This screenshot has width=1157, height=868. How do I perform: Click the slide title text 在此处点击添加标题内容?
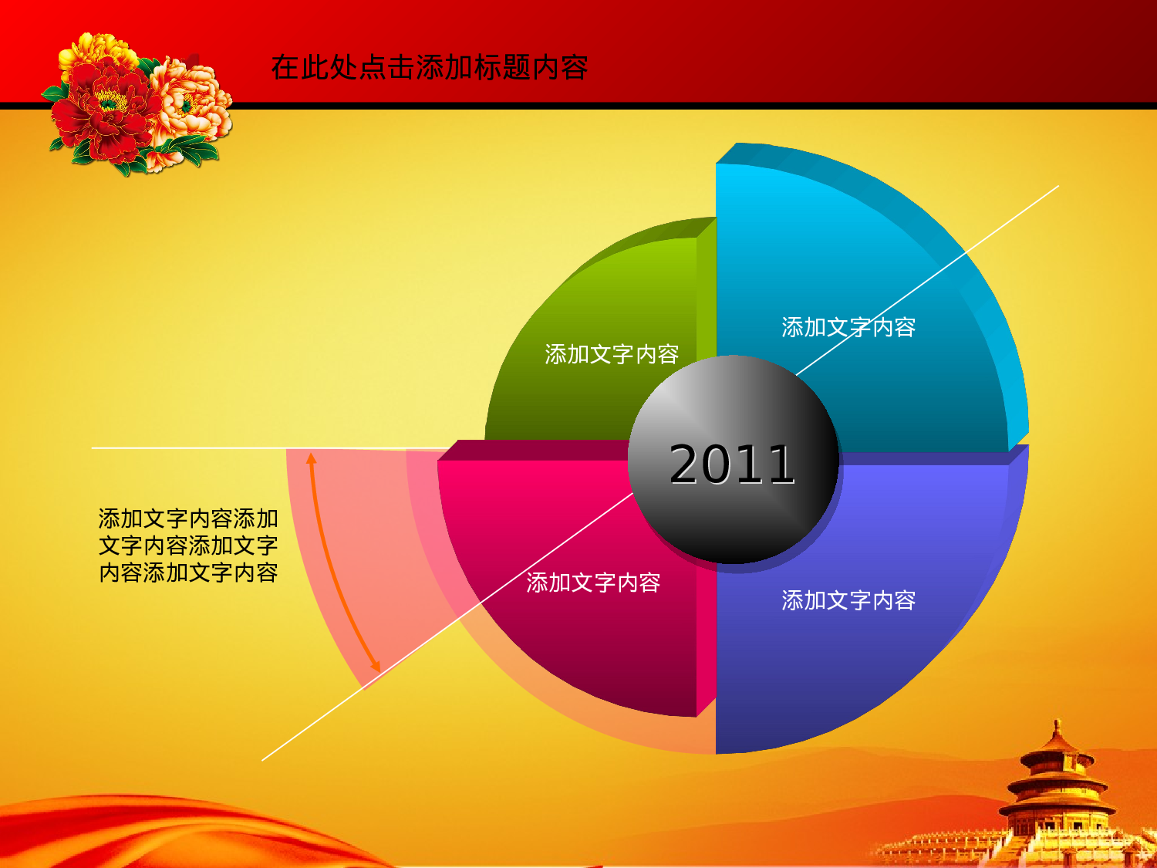(x=430, y=68)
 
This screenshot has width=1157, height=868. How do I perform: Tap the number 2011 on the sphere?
(x=731, y=464)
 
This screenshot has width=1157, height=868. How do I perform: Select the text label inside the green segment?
(x=612, y=354)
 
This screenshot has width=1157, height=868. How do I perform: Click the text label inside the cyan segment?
(x=848, y=327)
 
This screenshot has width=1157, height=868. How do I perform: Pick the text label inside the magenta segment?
(x=593, y=583)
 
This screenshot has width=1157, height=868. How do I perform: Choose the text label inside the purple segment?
(x=848, y=600)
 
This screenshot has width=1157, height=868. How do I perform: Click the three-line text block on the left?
(x=188, y=545)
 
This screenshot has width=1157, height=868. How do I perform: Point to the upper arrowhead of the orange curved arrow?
(x=311, y=458)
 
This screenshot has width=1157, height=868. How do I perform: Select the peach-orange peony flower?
(x=189, y=104)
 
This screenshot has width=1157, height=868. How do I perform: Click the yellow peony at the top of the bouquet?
(x=96, y=50)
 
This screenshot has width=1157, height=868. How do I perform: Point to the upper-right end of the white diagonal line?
(x=1057, y=186)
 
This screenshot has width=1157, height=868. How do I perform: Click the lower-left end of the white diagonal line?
(x=263, y=760)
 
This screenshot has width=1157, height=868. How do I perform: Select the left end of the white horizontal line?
(x=93, y=448)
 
